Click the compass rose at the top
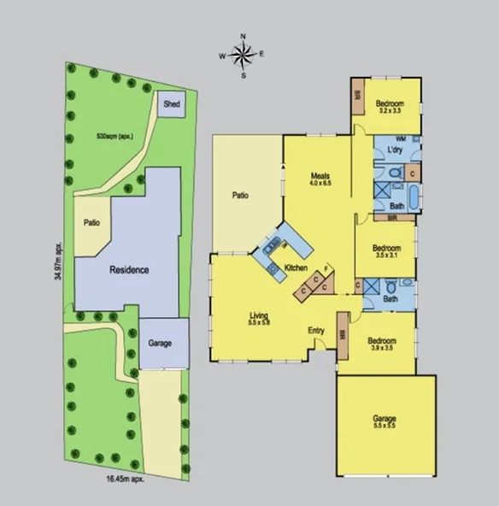244,55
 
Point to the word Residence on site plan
129,269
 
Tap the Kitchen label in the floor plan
296,268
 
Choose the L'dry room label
395,150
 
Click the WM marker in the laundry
400,138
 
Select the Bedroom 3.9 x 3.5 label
385,344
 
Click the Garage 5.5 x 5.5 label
384,423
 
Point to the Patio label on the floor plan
240,196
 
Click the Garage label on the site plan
160,343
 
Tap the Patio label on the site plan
91,223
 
